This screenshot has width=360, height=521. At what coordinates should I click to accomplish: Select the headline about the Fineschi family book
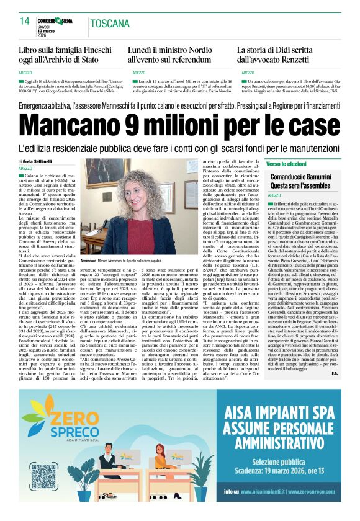coord(68,54)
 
